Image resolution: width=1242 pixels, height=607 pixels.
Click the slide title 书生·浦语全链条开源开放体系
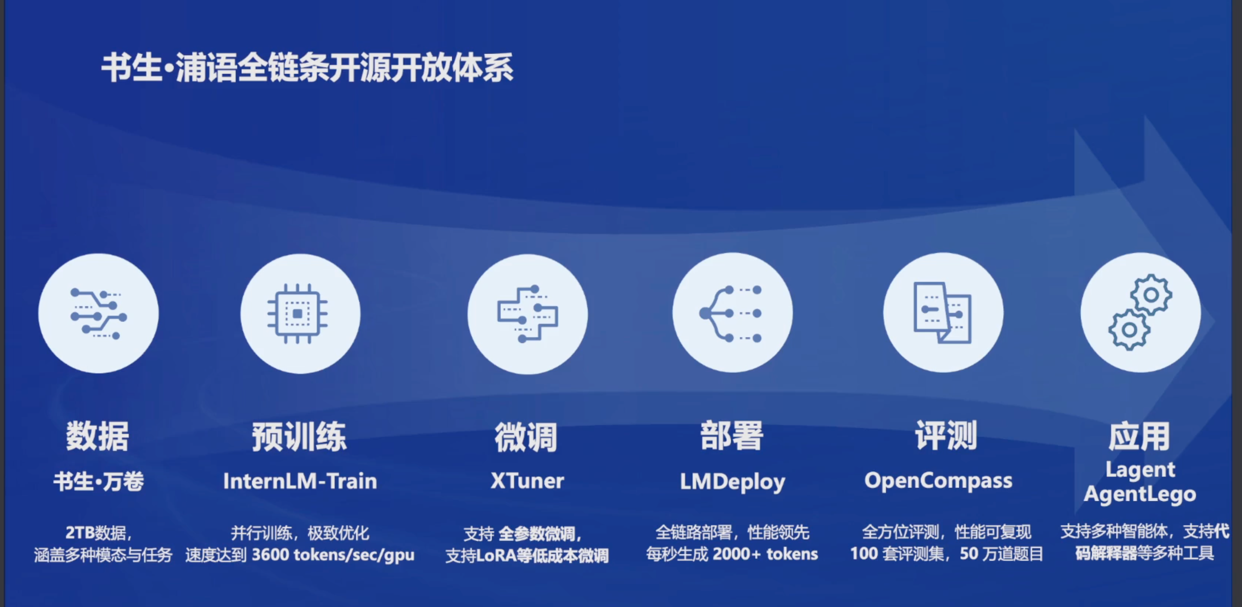point(308,67)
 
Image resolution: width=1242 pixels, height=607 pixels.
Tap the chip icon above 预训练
point(298,314)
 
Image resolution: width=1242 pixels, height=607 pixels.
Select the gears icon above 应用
point(1140,312)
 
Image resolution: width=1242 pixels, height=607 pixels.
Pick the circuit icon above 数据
point(98,314)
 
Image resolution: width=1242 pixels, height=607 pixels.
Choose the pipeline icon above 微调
point(528,314)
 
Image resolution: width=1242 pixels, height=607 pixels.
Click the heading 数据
point(97,436)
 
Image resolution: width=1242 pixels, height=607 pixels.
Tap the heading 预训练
point(299,436)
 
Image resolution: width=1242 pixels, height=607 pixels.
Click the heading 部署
point(732,435)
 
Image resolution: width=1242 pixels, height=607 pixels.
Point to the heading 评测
point(946,435)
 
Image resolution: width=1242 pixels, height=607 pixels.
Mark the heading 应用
point(1140,436)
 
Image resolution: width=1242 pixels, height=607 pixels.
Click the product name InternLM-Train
point(300,481)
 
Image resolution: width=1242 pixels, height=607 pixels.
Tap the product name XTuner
point(527,481)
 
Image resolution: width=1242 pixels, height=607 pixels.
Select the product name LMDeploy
point(732,482)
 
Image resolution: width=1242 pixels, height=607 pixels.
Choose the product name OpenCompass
point(938,481)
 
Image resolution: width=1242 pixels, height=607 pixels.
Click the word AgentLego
point(1140,494)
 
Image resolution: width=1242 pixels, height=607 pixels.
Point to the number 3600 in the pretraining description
point(270,554)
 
